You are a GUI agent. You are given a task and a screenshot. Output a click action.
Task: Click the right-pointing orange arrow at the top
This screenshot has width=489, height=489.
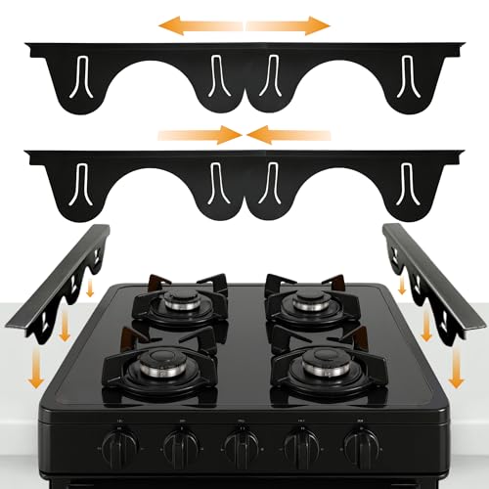(x=289, y=24)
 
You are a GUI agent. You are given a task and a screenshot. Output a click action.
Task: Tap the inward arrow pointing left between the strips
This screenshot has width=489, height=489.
(x=288, y=135)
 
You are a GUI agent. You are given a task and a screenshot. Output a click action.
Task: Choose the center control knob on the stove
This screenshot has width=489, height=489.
(x=242, y=449)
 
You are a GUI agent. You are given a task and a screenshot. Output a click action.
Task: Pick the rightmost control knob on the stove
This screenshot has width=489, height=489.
(x=361, y=449)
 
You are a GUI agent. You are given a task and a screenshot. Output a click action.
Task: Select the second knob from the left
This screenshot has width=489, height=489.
(x=181, y=449)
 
